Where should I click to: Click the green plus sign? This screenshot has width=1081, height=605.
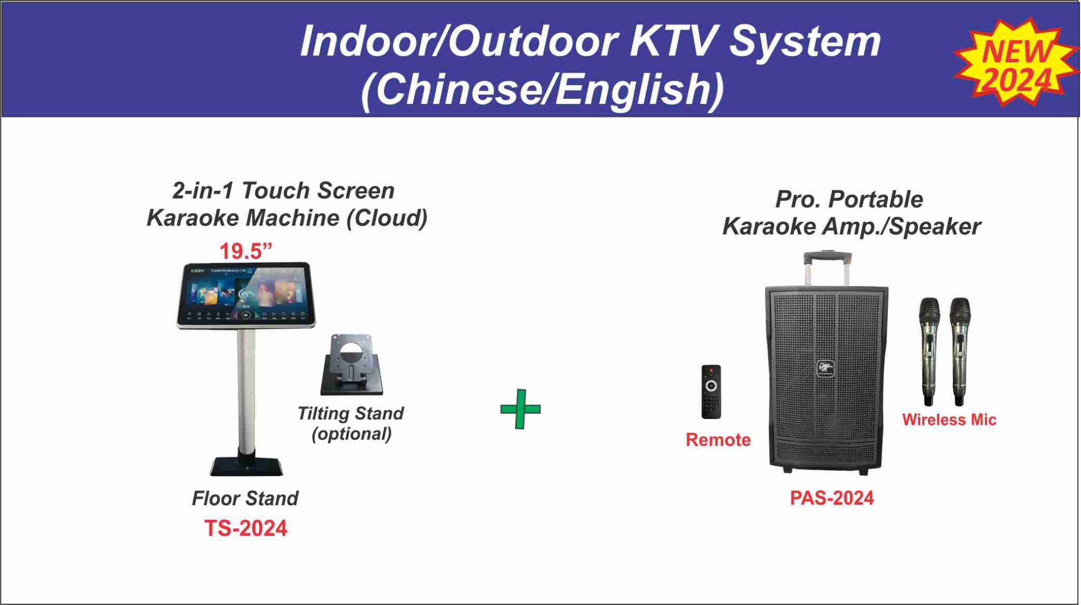coord(520,409)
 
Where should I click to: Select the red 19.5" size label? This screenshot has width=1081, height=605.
coord(245,252)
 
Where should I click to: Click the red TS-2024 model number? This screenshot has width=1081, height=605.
coord(245,528)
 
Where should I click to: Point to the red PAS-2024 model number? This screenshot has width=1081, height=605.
coord(831,498)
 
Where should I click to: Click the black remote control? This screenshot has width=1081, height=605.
coord(710,392)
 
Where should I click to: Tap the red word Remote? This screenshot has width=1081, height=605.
coord(718,440)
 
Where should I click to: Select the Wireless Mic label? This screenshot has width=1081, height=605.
coord(949,420)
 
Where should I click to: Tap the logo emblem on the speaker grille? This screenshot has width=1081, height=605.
coord(826,367)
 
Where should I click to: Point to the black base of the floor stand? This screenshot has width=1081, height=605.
coord(246,466)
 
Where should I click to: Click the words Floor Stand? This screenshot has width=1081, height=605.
coord(245,498)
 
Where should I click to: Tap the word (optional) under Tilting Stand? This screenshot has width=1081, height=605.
coord(352,434)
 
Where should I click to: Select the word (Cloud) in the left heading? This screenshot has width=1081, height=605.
coord(386,218)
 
